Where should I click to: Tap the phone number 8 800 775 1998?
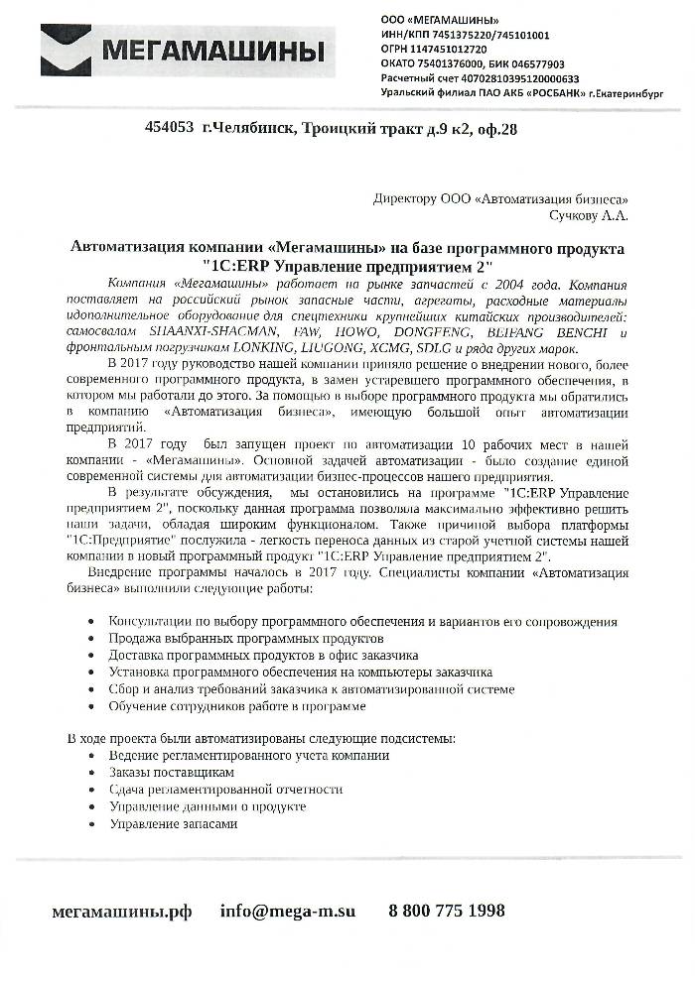(x=447, y=911)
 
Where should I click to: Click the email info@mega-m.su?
(x=288, y=911)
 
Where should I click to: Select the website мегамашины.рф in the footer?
(x=121, y=911)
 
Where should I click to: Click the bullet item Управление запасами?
(x=174, y=824)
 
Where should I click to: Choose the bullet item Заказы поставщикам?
(x=172, y=772)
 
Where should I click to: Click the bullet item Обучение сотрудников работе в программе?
(x=237, y=706)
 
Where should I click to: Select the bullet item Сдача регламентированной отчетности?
(x=226, y=789)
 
